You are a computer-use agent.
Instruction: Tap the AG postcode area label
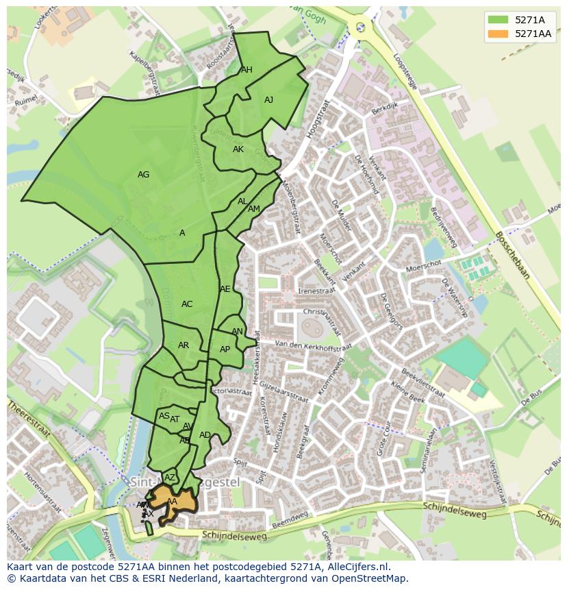coord(143,175)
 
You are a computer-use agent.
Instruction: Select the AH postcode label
coord(247,70)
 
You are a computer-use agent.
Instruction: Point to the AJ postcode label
coord(268,100)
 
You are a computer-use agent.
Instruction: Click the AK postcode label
coord(238,149)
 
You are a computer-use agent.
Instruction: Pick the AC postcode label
coord(187,304)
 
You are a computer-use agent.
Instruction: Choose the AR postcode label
coord(184,345)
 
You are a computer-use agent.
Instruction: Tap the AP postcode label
coord(225,349)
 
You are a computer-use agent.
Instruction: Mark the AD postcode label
coord(205,435)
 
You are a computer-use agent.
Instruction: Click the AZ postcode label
coord(170,478)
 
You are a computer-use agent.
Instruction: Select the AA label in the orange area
coord(172,502)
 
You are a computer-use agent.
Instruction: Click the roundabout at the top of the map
coord(360,27)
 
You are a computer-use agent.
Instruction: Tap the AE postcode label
coord(225,289)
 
